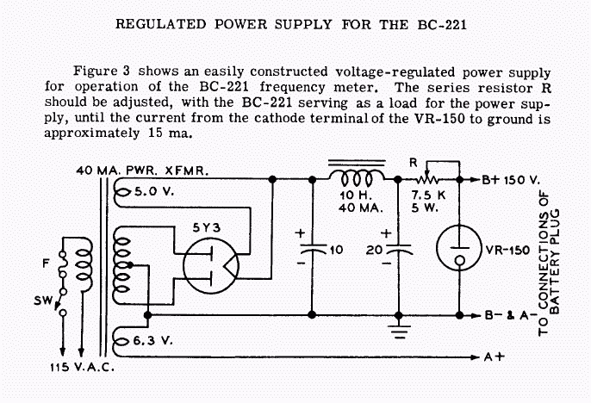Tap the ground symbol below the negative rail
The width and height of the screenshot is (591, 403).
click(x=399, y=332)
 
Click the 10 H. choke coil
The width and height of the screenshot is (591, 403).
click(x=357, y=178)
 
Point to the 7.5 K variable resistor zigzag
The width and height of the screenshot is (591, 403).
click(x=427, y=180)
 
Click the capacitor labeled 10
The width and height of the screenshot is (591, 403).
click(x=312, y=248)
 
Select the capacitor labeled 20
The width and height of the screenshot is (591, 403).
click(x=398, y=248)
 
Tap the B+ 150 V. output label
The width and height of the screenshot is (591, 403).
click(x=511, y=180)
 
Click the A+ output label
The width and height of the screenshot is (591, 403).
click(x=495, y=356)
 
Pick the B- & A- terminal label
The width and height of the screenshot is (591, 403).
click(x=510, y=315)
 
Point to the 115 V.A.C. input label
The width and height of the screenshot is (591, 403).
click(x=82, y=367)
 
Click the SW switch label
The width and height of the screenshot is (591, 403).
click(x=42, y=301)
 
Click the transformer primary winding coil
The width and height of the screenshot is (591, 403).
click(x=84, y=264)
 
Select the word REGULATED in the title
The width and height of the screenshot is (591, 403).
click(x=161, y=24)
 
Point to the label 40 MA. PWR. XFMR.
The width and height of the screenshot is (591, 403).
click(x=142, y=170)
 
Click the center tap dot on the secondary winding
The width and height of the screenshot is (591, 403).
click(x=130, y=265)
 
